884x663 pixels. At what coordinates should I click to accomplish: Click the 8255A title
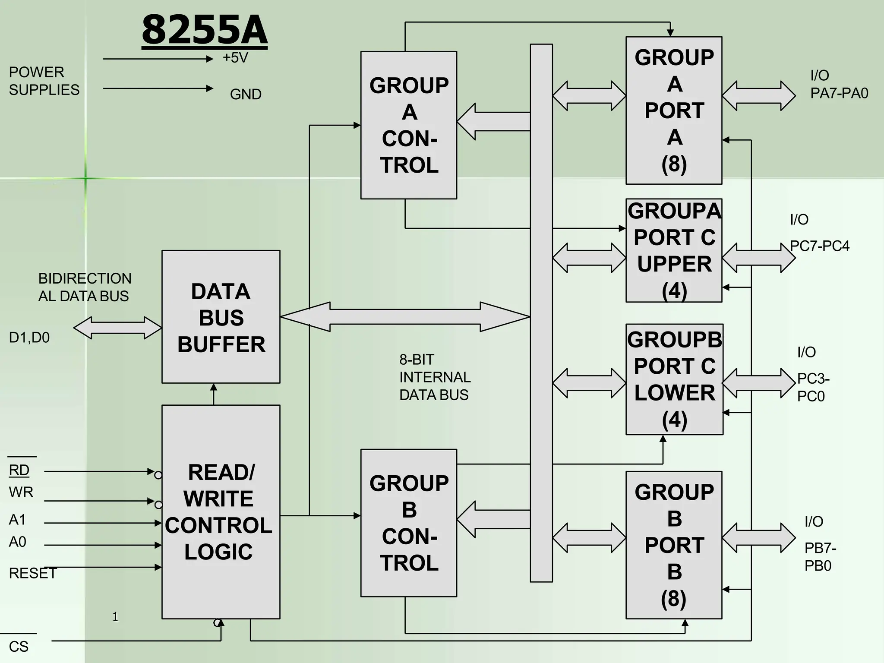(205, 30)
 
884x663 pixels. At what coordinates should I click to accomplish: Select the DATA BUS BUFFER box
(221, 317)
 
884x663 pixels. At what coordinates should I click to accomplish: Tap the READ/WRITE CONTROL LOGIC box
(221, 512)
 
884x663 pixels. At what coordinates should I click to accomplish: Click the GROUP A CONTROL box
(408, 125)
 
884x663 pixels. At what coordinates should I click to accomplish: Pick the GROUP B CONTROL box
(408, 523)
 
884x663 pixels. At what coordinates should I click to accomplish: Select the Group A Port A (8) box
(674, 110)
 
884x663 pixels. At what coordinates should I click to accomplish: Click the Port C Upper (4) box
(674, 250)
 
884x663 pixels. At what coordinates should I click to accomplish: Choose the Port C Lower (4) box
(674, 379)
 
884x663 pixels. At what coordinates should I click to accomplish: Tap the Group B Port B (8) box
(674, 545)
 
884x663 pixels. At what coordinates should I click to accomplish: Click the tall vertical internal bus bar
(541, 313)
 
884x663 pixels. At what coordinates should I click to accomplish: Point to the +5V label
(235, 57)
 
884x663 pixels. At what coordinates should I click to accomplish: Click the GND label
(246, 94)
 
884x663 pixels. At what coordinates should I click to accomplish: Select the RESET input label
(32, 573)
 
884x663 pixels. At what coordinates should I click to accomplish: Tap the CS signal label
(19, 647)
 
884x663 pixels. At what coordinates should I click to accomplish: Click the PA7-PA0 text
(839, 93)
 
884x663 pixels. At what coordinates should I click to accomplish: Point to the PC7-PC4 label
(820, 246)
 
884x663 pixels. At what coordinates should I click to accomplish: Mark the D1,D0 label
(29, 338)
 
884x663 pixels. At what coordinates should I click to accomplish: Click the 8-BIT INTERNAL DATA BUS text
(434, 377)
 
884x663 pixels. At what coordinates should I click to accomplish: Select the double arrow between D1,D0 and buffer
(117, 328)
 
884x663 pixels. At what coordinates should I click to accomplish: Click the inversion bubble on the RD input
(158, 475)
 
